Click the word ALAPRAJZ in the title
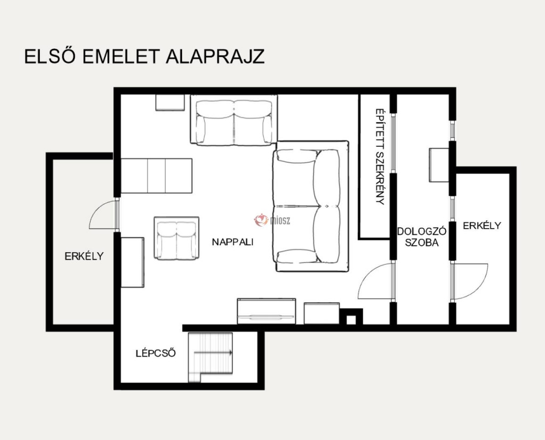215,56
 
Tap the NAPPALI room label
233,242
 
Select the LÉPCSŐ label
156,353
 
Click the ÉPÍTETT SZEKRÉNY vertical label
379,156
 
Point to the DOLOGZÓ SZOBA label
422,237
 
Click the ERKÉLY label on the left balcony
84,256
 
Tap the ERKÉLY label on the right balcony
482,226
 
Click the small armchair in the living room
177,238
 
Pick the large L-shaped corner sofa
311,206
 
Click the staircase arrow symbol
213,353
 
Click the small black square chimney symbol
351,317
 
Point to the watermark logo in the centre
272,220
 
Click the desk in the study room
439,165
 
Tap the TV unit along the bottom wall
267,311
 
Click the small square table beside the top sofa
170,103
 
